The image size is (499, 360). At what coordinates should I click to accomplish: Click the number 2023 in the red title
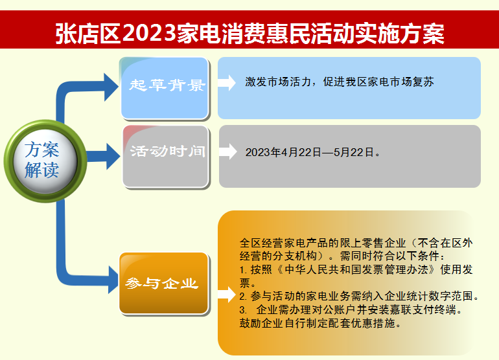149,33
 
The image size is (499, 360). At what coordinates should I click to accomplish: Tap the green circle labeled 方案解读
45,161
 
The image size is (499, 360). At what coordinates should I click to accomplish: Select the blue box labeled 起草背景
165,89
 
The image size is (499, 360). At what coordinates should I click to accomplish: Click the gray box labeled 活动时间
166,157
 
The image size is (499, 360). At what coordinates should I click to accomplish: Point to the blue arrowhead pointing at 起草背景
111,87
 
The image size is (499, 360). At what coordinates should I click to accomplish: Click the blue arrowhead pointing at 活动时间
113,156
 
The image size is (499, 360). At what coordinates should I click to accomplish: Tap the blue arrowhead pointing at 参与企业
113,280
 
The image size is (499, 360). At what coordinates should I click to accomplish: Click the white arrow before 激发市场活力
227,83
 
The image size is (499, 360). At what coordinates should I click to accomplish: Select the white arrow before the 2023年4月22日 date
228,152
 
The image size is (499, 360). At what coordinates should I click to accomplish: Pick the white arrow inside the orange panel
227,294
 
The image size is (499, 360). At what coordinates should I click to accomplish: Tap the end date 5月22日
354,152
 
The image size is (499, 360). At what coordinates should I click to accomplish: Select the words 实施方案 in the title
400,33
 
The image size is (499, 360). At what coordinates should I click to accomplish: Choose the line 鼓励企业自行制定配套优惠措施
320,323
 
